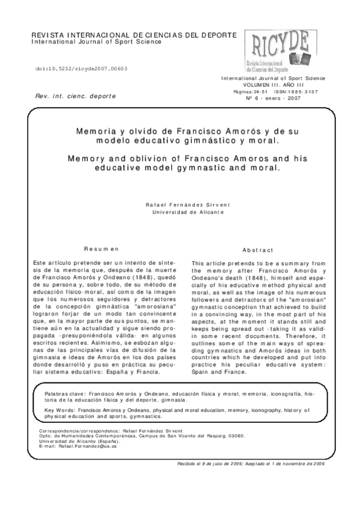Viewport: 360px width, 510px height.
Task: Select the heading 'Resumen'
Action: [x=101, y=248]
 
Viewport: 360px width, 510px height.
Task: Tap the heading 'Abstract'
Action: [x=258, y=250]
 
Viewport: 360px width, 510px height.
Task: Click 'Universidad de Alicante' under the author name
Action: [x=189, y=213]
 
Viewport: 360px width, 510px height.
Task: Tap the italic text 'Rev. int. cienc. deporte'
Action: [x=75, y=96]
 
